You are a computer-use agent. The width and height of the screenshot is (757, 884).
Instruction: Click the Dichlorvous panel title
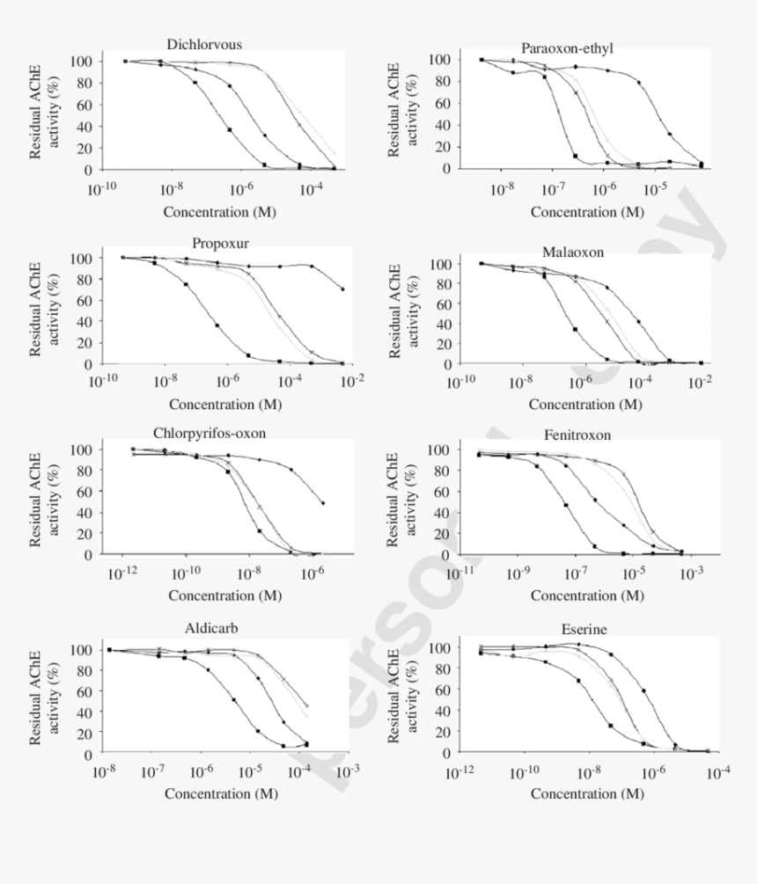coord(204,44)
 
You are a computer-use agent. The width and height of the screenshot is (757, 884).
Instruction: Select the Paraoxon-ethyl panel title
coord(567,47)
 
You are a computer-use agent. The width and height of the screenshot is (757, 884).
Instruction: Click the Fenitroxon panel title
coord(577,435)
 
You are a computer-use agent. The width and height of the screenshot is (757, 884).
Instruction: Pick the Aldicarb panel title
coord(211,629)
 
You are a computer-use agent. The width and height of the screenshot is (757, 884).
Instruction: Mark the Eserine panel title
coord(584,630)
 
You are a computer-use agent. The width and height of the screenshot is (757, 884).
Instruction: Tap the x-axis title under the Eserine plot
coord(586,793)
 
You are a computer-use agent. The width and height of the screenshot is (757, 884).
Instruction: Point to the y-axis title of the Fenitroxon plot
coord(403,500)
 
